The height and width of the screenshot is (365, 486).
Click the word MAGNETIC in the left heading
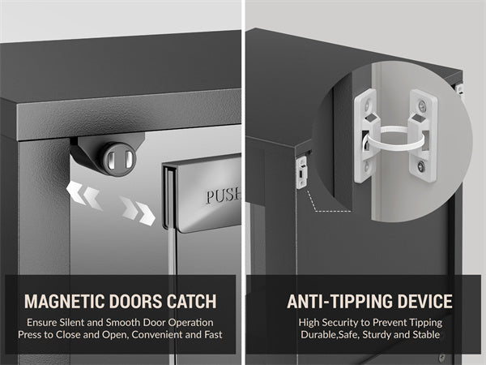pos(65,301)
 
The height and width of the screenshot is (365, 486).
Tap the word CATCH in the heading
pos(191,301)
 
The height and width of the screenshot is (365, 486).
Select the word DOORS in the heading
pos(136,301)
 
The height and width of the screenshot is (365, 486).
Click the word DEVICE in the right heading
pos(424,301)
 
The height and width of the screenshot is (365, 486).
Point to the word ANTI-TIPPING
pos(340,301)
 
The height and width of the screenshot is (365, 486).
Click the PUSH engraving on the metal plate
pos(224,196)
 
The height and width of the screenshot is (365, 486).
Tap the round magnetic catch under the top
pos(119,158)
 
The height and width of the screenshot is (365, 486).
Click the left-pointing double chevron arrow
pos(84,195)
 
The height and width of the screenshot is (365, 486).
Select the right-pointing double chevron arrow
pos(138,210)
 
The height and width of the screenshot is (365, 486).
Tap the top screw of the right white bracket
pos(422,105)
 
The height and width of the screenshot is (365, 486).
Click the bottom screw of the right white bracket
pos(420,166)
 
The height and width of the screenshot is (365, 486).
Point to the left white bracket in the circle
pos(367,135)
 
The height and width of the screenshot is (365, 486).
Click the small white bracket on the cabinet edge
pos(301,172)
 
